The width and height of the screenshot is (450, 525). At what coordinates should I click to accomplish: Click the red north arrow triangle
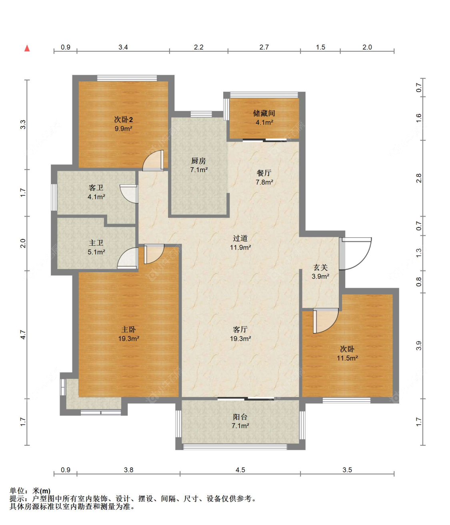click(x=27, y=48)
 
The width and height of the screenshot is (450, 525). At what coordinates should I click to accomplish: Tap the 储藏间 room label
click(x=264, y=113)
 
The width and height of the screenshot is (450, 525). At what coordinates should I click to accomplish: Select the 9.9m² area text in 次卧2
click(x=124, y=128)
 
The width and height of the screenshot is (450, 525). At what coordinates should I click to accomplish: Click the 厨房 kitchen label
click(x=198, y=161)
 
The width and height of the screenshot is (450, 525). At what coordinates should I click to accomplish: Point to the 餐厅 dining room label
click(x=264, y=173)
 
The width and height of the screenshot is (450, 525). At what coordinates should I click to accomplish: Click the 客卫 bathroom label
click(x=96, y=188)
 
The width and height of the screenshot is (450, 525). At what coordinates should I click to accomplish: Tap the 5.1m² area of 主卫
click(x=96, y=252)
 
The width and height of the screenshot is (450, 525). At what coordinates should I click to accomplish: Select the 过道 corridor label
click(x=240, y=238)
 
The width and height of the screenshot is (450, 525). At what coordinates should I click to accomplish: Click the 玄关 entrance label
click(x=320, y=267)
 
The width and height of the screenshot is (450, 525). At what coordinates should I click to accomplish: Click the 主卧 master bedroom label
click(x=128, y=329)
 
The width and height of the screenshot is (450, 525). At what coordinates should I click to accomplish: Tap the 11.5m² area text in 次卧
click(x=348, y=358)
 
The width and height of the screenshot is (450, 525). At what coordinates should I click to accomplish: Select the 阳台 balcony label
click(x=240, y=417)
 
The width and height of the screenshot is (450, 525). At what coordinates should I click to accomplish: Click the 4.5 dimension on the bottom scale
click(x=240, y=470)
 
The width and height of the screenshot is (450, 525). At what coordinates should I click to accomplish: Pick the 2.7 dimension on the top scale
click(x=264, y=47)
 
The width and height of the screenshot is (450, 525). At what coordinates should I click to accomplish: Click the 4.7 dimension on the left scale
click(x=23, y=335)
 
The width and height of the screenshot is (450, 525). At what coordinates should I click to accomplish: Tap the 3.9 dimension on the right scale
click(x=419, y=346)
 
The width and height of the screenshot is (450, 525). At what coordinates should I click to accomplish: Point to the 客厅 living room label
click(x=240, y=329)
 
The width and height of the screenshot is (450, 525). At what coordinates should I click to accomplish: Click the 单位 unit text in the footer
click(x=17, y=491)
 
